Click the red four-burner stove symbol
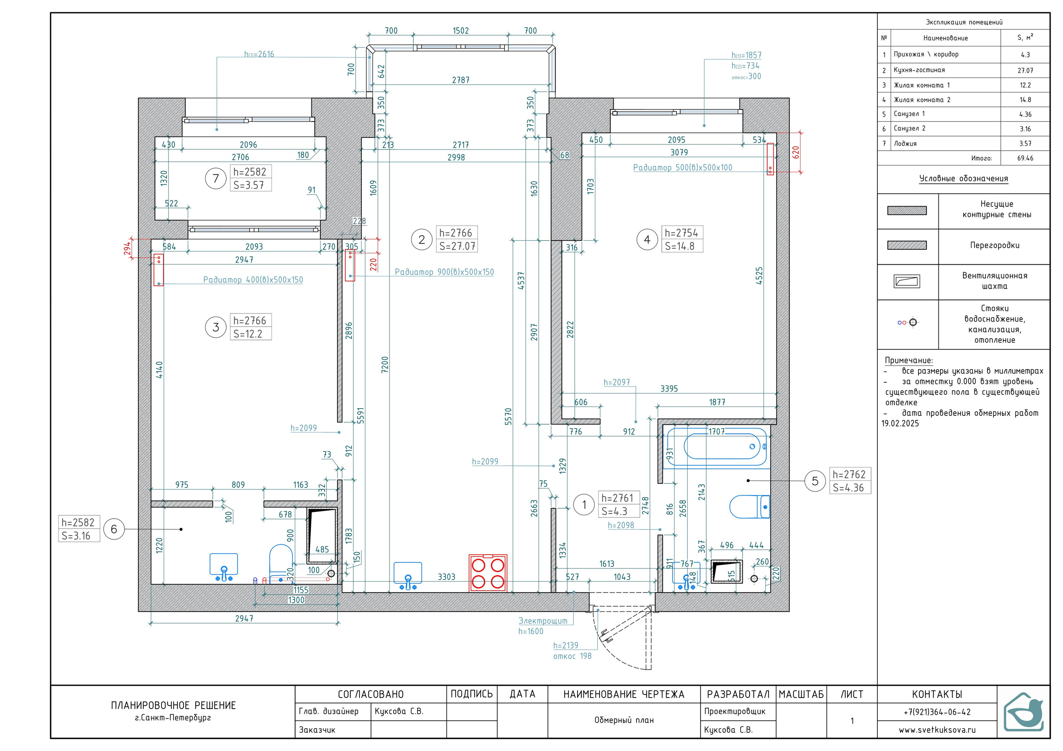(488, 573)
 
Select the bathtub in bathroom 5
(716, 446)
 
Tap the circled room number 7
(216, 178)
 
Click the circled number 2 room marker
(421, 240)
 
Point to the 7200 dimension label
(385, 365)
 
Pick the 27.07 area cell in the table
(1025, 71)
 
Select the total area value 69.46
(1025, 158)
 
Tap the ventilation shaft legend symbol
(906, 281)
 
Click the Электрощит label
(543, 621)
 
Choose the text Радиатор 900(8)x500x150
(444, 272)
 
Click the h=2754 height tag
(681, 233)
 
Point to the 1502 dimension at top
(460, 31)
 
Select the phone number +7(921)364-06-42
(937, 712)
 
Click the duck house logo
(1024, 712)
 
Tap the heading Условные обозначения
(963, 178)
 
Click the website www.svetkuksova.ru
(937, 730)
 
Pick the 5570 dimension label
(508, 417)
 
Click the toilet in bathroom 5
(749, 507)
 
